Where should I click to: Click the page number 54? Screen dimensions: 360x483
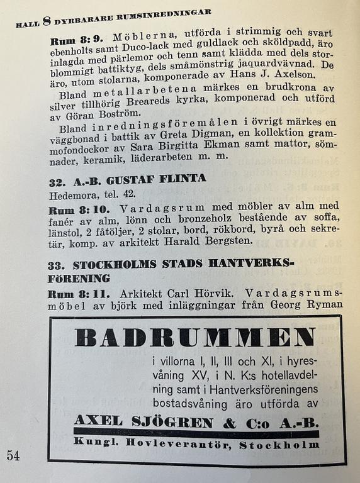(x=13, y=455)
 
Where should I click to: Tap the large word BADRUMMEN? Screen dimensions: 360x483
(x=194, y=338)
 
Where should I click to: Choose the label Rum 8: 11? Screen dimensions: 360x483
(x=74, y=292)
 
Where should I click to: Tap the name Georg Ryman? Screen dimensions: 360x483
(x=306, y=305)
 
